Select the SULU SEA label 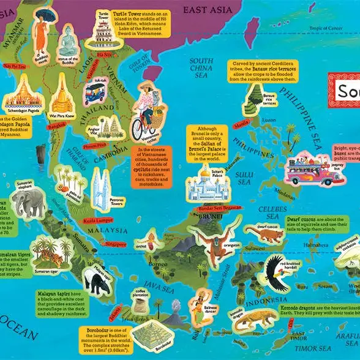point(244,177)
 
